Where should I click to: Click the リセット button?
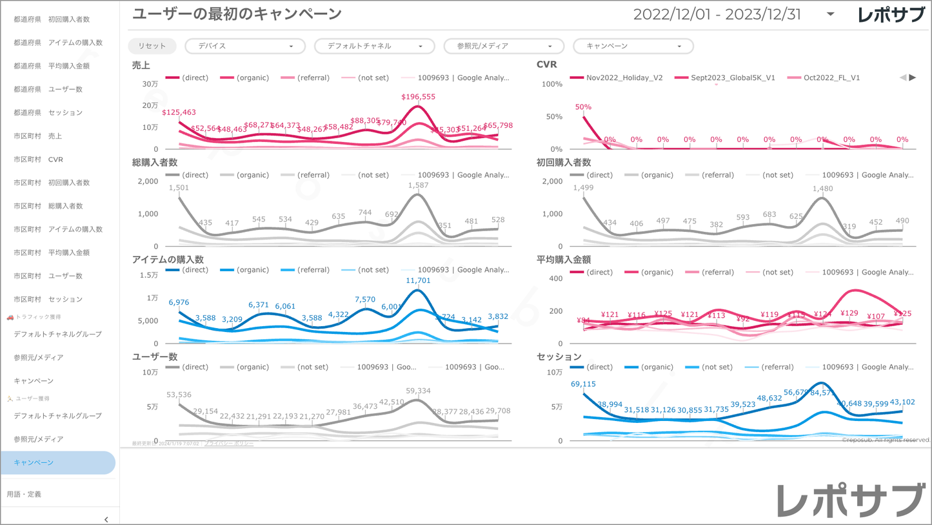click(x=152, y=46)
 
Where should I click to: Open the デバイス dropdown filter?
click(x=245, y=46)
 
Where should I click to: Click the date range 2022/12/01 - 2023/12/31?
click(x=717, y=14)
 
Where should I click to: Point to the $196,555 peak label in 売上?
click(x=418, y=97)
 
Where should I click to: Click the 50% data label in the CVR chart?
click(x=583, y=107)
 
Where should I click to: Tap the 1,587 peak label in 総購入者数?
click(x=418, y=185)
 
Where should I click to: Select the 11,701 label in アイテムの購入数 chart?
click(x=418, y=280)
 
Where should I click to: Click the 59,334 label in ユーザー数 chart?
click(x=418, y=391)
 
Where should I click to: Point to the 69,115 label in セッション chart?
click(x=583, y=384)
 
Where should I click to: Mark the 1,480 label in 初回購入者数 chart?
click(x=822, y=189)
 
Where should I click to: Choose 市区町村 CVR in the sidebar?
click(x=39, y=160)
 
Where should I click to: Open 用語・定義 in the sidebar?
click(x=24, y=494)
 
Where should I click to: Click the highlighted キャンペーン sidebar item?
click(x=34, y=462)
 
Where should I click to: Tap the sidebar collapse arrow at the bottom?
click(x=106, y=519)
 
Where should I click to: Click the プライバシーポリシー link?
click(x=229, y=444)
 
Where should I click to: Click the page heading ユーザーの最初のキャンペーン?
click(x=237, y=14)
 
